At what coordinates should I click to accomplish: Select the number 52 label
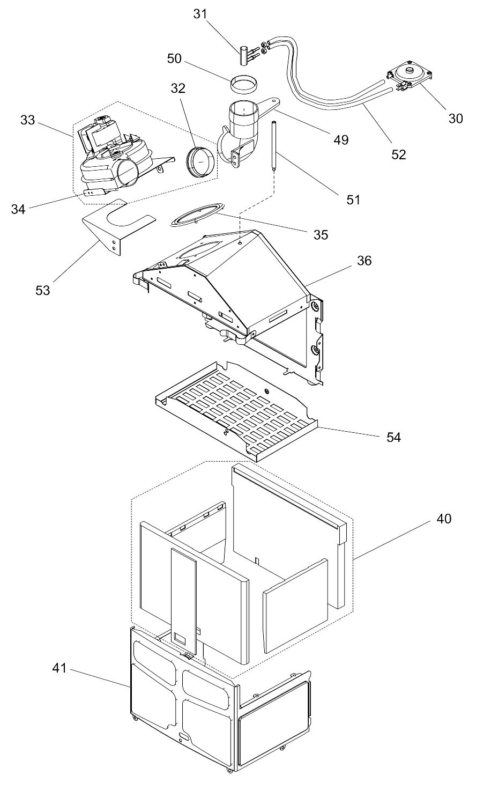(x=398, y=154)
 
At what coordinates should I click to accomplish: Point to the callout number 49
(x=340, y=140)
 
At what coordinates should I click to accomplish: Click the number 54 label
(x=393, y=438)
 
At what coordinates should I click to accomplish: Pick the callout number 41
(x=59, y=668)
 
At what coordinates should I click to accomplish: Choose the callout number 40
(x=444, y=519)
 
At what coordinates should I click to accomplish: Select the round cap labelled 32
(x=200, y=160)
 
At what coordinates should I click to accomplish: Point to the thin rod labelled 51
(x=273, y=146)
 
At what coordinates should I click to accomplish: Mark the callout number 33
(x=28, y=120)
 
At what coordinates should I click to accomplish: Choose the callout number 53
(x=42, y=290)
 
